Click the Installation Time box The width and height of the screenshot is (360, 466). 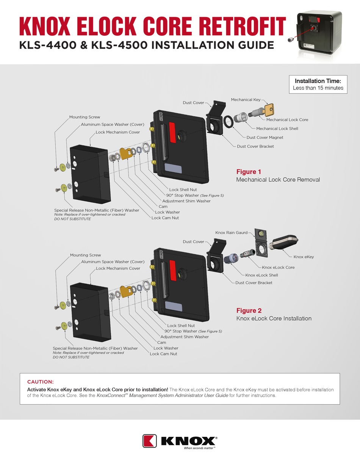[318, 85]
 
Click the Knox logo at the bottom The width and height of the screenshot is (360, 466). [180, 441]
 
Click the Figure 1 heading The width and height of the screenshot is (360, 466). [249, 172]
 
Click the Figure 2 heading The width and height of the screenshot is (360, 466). [249, 311]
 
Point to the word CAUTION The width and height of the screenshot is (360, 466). [41, 381]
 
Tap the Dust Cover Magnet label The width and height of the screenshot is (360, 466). [265, 138]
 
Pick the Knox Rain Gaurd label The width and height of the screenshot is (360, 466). [231, 232]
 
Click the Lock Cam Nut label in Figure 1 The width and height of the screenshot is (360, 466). [165, 218]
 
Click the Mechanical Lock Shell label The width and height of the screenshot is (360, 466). [277, 129]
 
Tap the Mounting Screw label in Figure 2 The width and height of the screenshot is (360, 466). [85, 255]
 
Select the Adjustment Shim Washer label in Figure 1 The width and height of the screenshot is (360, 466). [186, 201]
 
